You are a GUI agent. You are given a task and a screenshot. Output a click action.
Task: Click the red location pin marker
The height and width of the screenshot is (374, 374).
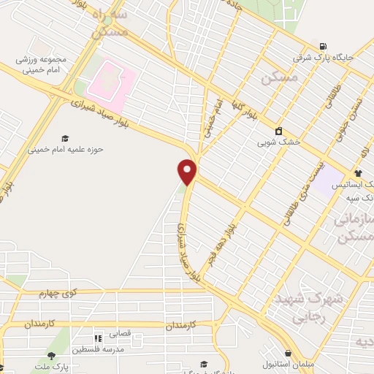pos(188,172)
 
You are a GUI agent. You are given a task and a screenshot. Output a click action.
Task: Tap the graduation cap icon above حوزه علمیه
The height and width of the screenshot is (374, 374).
pos(65,137)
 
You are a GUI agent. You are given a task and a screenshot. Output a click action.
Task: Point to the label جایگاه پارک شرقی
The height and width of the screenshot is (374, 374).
pos(323,56)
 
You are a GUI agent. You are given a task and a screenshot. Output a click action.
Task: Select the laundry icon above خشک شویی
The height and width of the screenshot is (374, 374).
pos(278,131)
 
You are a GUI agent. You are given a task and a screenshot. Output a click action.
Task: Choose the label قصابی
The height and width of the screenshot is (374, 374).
pos(119,333)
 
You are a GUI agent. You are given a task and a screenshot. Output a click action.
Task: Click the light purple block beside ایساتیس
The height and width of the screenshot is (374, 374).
pos(330,175)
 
